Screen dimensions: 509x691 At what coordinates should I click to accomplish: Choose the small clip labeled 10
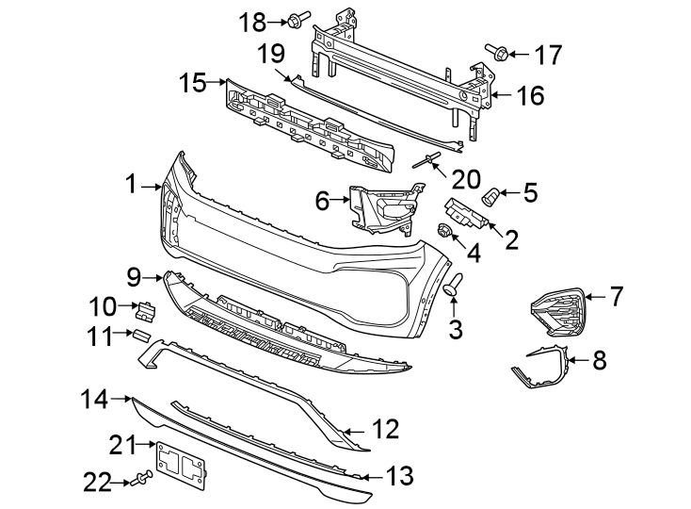[x=148, y=307]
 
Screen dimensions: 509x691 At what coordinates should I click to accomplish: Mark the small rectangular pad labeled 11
[x=139, y=334]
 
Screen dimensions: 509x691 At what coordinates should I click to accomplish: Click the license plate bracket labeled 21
[x=182, y=465]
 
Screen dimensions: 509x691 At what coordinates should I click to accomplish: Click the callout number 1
[x=132, y=185]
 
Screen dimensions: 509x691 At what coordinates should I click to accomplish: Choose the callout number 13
[x=400, y=477]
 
